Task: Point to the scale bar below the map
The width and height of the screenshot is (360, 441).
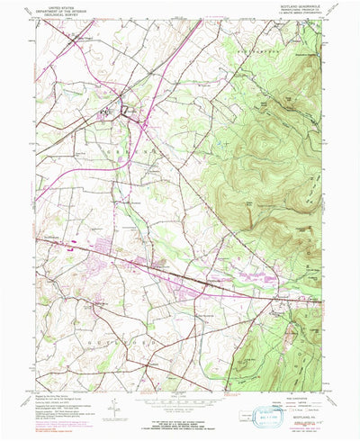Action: [x=180, y=390]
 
